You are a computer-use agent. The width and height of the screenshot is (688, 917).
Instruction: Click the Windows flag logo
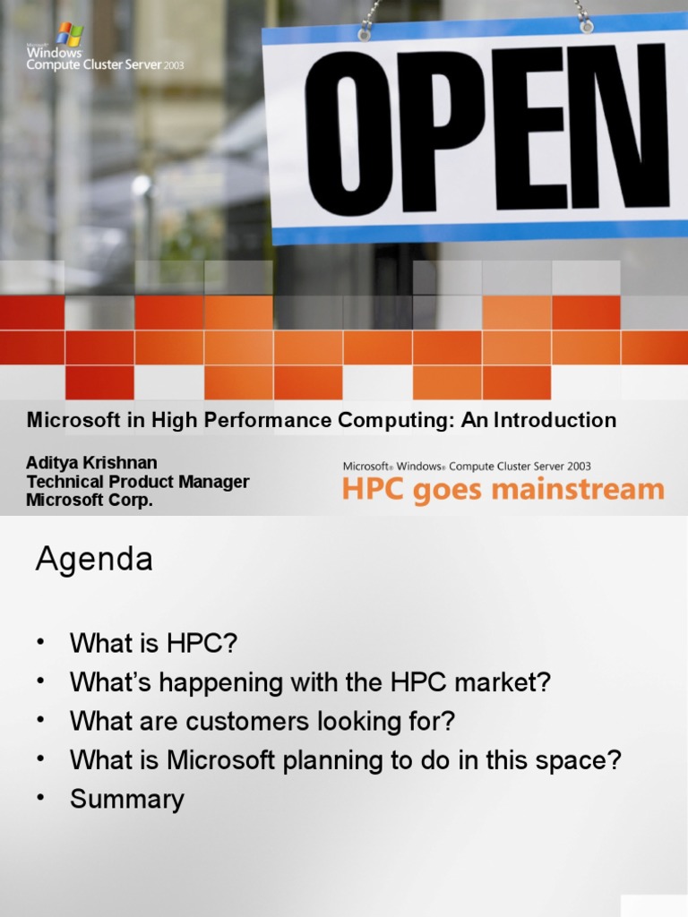tap(70, 34)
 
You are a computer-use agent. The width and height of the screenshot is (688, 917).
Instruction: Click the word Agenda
tap(94, 561)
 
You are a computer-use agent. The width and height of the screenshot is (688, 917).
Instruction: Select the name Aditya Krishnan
tap(91, 463)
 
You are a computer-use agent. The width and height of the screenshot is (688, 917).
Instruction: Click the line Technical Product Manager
tap(137, 482)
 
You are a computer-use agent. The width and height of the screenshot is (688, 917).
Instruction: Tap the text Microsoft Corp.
tap(90, 501)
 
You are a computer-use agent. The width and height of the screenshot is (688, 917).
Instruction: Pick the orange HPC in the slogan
tap(371, 490)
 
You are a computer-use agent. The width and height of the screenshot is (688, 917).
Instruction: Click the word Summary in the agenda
tap(127, 799)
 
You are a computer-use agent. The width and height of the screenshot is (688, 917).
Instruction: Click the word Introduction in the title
tap(555, 420)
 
